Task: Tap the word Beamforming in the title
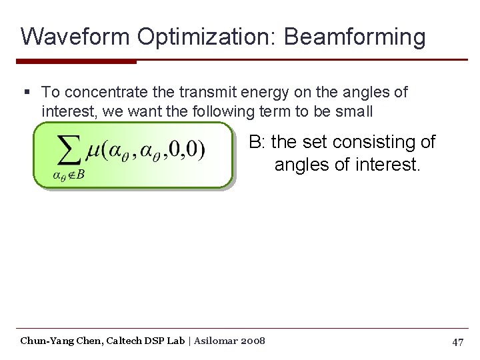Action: click(355, 36)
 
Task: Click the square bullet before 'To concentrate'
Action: click(26, 91)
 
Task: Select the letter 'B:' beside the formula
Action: click(257, 142)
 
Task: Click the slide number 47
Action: click(457, 342)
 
